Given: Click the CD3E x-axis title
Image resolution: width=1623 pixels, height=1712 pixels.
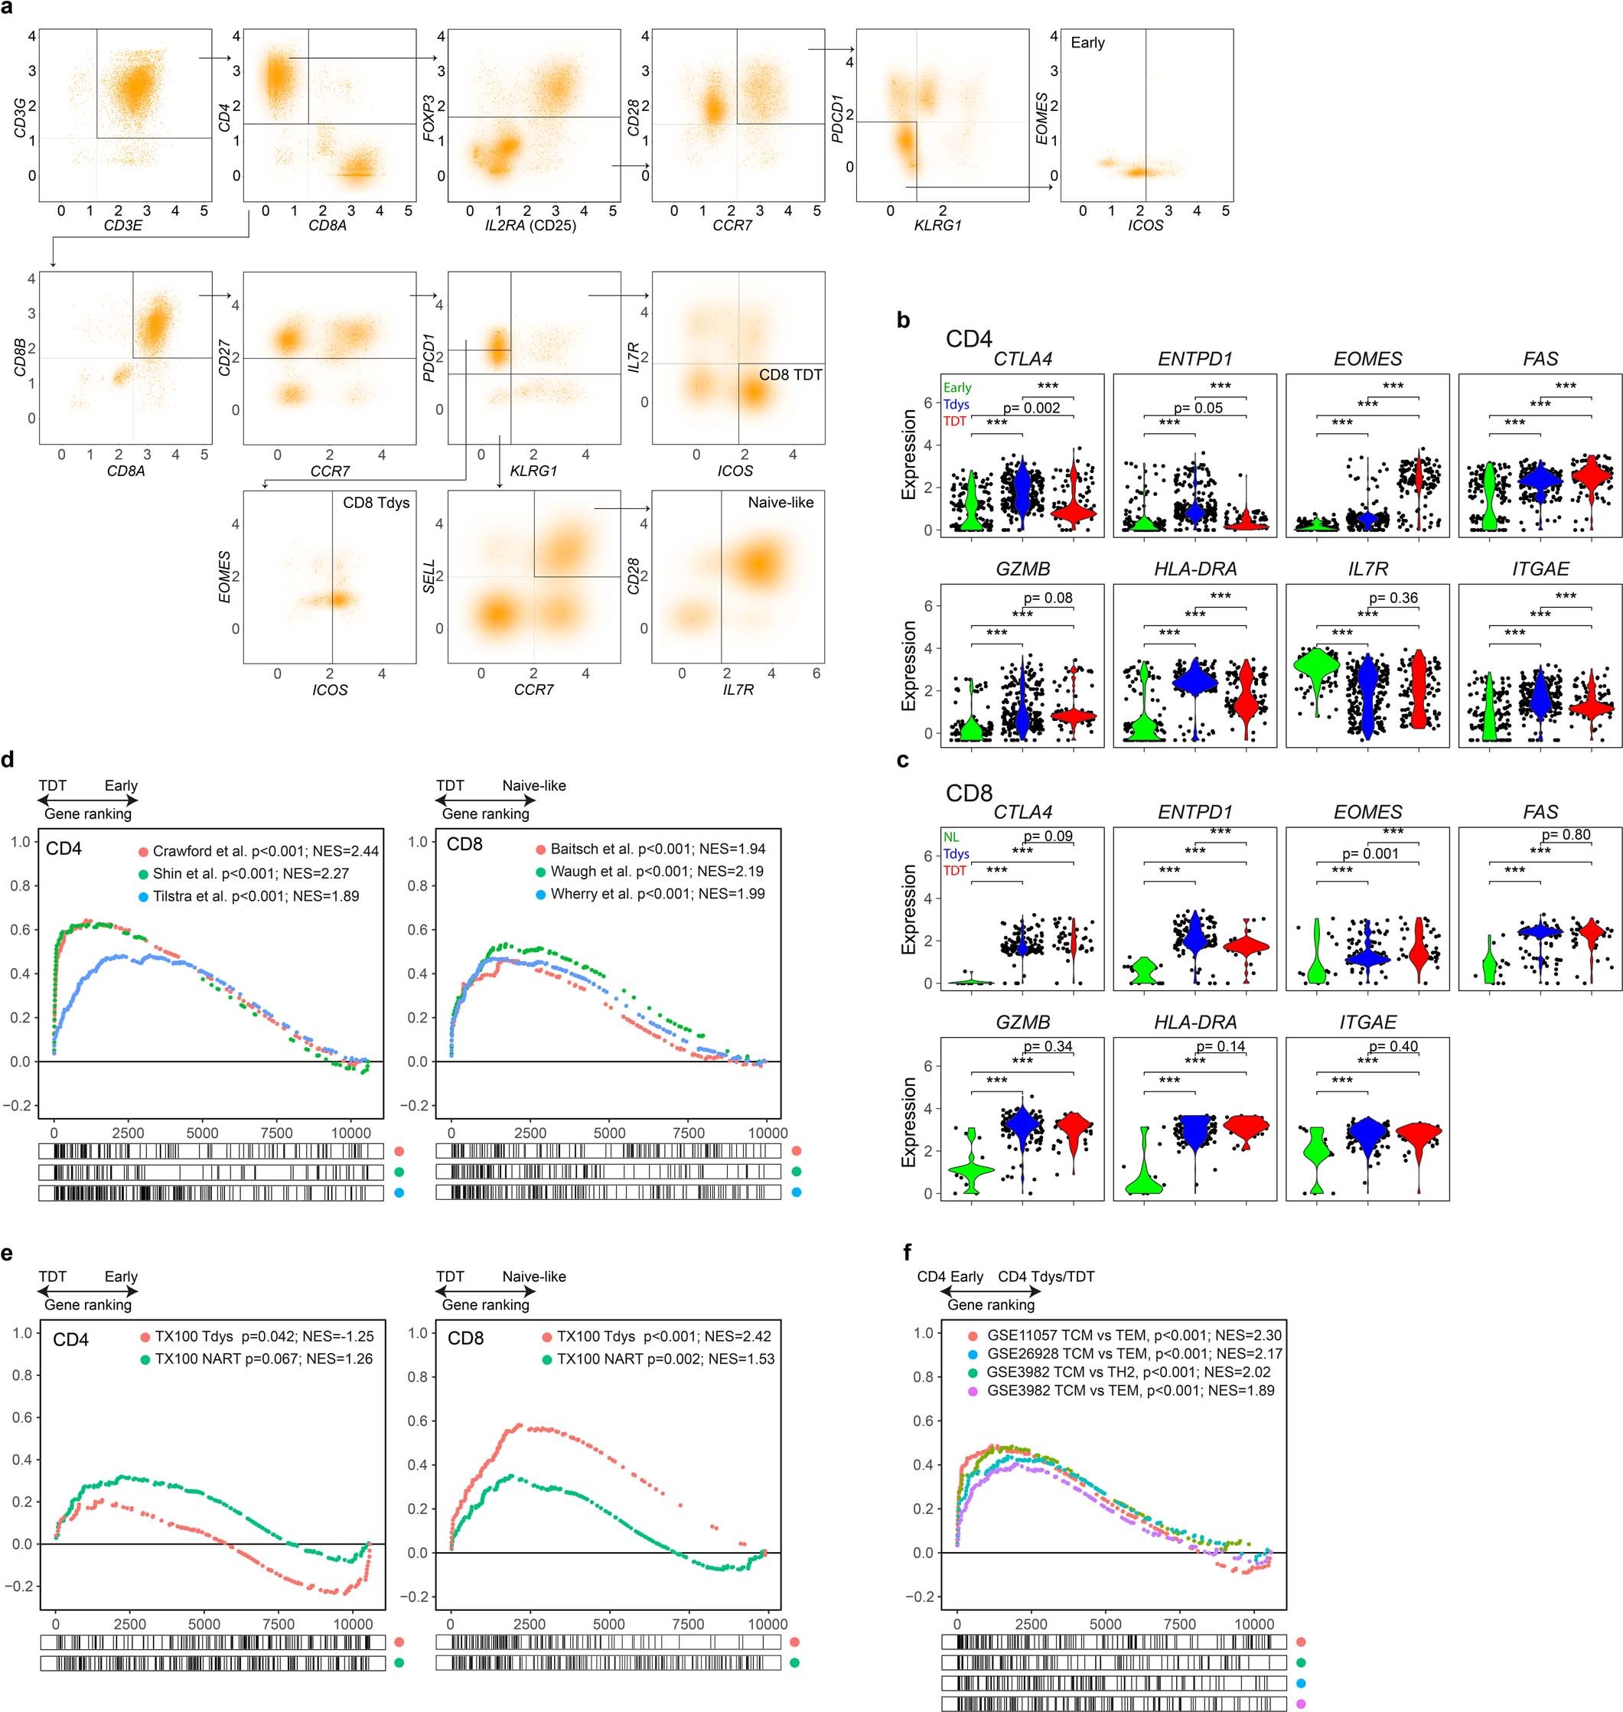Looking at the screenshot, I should (124, 226).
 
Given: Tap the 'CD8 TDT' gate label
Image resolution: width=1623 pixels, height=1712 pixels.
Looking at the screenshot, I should (790, 374).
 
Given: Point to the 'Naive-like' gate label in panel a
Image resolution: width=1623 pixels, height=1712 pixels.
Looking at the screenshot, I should (781, 503).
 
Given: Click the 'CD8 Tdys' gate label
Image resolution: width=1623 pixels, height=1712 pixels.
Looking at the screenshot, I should (376, 503).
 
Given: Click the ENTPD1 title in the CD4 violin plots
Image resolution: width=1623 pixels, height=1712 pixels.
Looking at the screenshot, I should (1194, 359).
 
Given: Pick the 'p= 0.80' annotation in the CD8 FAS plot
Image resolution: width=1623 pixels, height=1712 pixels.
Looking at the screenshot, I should (1566, 835).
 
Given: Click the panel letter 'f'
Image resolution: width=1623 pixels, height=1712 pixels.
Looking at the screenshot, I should (906, 1251).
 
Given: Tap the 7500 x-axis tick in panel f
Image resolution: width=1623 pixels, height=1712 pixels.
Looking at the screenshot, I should (1180, 1624).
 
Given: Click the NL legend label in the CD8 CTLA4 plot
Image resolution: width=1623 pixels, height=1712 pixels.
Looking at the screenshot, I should (951, 837).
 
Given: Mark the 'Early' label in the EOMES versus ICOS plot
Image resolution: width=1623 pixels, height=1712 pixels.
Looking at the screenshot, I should (1087, 42).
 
